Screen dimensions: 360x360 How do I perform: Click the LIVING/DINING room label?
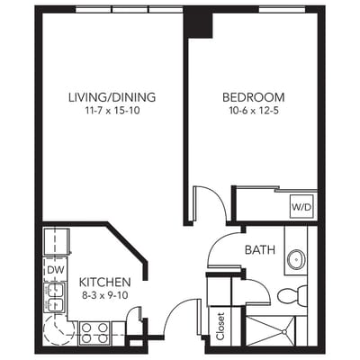pyautogui.click(x=112, y=97)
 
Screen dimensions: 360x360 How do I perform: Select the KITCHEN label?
pyautogui.click(x=105, y=282)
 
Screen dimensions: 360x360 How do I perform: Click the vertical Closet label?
pyautogui.click(x=221, y=325)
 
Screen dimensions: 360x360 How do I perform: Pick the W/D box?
pyautogui.click(x=301, y=206)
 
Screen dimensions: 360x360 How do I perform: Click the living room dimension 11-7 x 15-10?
pyautogui.click(x=112, y=111)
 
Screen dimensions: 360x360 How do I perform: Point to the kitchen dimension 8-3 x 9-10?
pyautogui.click(x=105, y=295)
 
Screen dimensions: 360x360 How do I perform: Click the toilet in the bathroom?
pyautogui.click(x=289, y=295)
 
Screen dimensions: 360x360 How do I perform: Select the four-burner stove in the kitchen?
pyautogui.click(x=94, y=333)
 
